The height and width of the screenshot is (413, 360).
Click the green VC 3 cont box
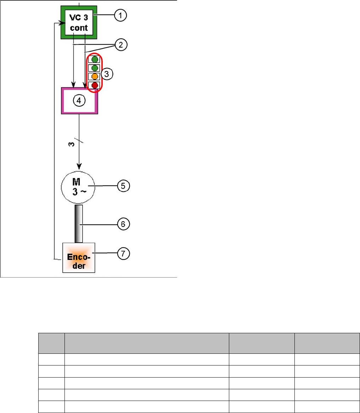[79, 22]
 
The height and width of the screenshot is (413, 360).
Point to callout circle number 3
[107, 74]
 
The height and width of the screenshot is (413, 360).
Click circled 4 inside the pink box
[79, 100]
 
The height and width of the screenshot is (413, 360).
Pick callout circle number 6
[123, 224]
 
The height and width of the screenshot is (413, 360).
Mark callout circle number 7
[123, 254]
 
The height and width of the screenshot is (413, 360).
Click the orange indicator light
[95, 77]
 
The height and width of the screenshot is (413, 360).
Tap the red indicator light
[95, 85]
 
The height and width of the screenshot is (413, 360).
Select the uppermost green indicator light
[95, 59]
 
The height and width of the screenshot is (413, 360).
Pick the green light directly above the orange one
[95, 68]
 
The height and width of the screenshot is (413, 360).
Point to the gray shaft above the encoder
[79, 224]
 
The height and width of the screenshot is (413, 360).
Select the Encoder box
[79, 258]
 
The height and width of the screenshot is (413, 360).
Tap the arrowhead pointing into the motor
[79, 166]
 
